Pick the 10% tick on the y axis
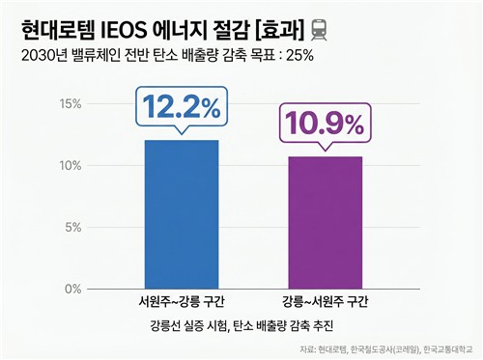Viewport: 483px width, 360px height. [x=71, y=166]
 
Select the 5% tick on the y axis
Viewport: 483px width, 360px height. [x=74, y=228]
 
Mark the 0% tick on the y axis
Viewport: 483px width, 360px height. [x=74, y=290]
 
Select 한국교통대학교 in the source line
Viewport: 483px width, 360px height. [x=446, y=349]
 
